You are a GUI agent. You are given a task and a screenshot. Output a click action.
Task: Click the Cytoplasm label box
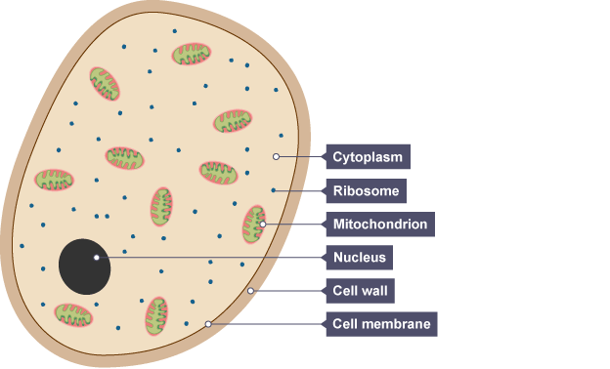(x=368, y=156)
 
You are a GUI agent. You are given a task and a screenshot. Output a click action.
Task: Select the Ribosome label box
(x=366, y=190)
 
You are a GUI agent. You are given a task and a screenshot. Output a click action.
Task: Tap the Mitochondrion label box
(x=380, y=225)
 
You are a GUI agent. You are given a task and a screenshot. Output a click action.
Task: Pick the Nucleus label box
(x=359, y=257)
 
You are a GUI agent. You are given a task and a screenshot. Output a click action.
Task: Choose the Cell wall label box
(x=361, y=291)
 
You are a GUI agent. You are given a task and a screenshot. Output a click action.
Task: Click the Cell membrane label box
(x=381, y=324)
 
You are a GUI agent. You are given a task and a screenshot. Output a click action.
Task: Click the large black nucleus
(x=84, y=266)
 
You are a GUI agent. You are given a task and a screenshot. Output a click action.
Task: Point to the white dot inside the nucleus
(x=97, y=258)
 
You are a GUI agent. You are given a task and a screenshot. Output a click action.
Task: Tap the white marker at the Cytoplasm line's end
(x=276, y=156)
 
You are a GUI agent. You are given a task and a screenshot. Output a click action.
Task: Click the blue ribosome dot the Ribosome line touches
(x=273, y=190)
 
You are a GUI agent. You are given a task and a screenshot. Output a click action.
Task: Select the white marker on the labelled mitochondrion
(x=263, y=225)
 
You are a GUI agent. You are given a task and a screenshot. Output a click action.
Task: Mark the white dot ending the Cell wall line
(x=250, y=291)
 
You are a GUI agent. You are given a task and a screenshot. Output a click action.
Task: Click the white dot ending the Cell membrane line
(x=208, y=324)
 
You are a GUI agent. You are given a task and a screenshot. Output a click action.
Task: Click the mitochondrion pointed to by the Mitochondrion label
(x=254, y=225)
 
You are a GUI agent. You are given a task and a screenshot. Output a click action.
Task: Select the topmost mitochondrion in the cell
(x=192, y=54)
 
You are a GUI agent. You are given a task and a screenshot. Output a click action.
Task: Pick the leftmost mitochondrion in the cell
(x=54, y=180)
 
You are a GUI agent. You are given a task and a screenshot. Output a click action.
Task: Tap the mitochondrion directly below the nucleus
(x=73, y=315)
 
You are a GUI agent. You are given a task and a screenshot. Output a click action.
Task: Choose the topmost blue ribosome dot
(x=175, y=31)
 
